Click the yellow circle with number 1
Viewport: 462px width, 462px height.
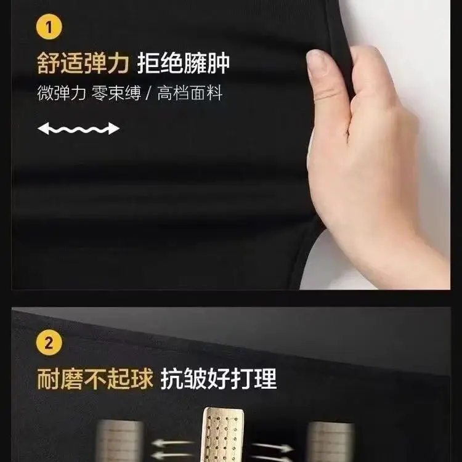tap(49, 27)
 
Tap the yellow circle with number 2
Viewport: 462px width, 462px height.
tap(49, 343)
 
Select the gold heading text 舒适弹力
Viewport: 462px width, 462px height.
tap(83, 63)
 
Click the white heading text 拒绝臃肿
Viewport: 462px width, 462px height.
tap(184, 63)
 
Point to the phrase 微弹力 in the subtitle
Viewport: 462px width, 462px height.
tap(62, 93)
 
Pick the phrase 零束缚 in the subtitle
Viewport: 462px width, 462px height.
tap(116, 93)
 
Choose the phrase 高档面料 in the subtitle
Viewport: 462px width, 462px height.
tap(190, 93)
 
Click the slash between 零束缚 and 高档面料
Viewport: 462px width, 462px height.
tap(149, 93)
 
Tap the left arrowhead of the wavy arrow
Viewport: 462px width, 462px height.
tap(43, 129)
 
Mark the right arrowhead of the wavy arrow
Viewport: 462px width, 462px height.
tap(114, 129)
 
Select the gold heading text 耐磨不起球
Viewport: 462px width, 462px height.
tap(95, 378)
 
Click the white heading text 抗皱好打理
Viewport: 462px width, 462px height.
tap(219, 378)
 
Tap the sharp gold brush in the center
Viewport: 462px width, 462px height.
tap(222, 435)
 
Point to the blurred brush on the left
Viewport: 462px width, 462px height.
tap(120, 441)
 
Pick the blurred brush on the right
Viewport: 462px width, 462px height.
tap(331, 442)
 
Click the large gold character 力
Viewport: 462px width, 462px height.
tap(118, 63)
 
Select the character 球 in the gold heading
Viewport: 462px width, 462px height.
tap(142, 378)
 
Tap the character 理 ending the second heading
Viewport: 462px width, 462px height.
tap(265, 378)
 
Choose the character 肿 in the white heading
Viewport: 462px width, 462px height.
tap(218, 63)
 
